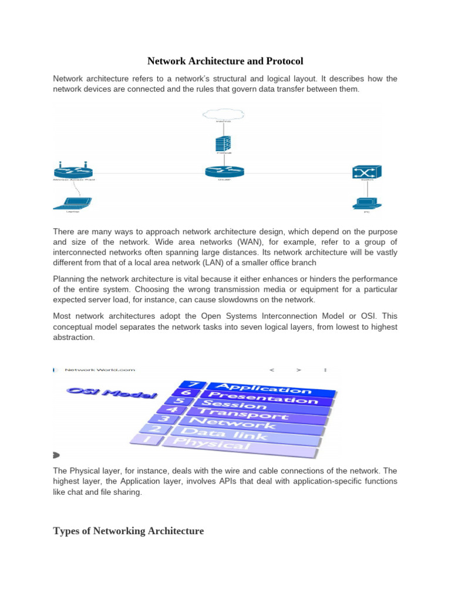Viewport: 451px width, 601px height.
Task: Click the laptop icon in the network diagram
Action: point(72,203)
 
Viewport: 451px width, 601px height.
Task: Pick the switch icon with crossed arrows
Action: point(366,171)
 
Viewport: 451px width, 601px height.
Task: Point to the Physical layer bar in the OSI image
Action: point(229,444)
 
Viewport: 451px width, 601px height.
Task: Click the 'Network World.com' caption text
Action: point(100,370)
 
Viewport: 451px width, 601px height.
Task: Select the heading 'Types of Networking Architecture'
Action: point(128,531)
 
